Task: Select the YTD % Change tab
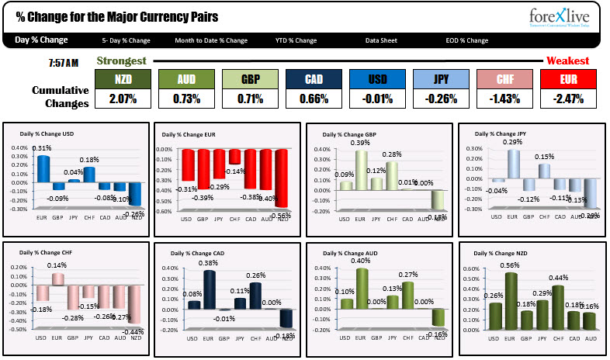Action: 296,40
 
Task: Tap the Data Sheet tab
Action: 382,40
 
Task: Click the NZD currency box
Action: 123,79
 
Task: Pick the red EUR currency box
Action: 568,79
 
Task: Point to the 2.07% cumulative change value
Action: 123,99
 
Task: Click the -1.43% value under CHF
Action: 504,99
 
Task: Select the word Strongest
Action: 120,61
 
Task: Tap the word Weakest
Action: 567,61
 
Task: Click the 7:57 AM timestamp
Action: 63,61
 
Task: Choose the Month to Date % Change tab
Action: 211,40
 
